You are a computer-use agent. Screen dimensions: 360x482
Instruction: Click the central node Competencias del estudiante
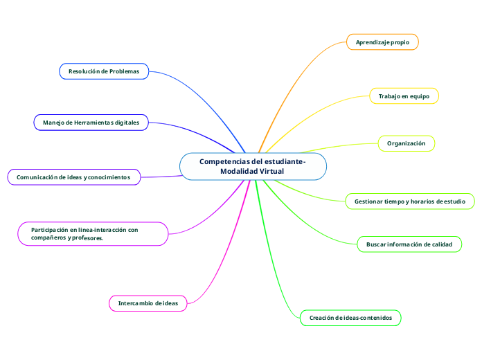pyautogui.click(x=252, y=166)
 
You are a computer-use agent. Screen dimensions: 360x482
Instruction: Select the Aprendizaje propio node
pyautogui.click(x=382, y=42)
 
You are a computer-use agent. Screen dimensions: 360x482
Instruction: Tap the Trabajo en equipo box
pyautogui.click(x=404, y=96)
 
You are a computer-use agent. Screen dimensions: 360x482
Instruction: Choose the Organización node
pyautogui.click(x=406, y=143)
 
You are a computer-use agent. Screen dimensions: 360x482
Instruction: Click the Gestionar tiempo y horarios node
pyautogui.click(x=410, y=201)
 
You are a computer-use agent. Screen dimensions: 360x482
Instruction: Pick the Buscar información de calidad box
pyautogui.click(x=409, y=244)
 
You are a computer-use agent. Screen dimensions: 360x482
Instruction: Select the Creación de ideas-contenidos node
pyautogui.click(x=350, y=318)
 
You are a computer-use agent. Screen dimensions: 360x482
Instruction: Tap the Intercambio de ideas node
pyautogui.click(x=148, y=303)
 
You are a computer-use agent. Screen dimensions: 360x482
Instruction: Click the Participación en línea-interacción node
pyautogui.click(x=91, y=233)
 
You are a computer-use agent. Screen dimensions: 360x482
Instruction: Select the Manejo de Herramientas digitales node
pyautogui.click(x=91, y=123)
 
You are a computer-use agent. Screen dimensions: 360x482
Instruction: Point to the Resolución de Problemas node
pyautogui.click(x=104, y=71)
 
